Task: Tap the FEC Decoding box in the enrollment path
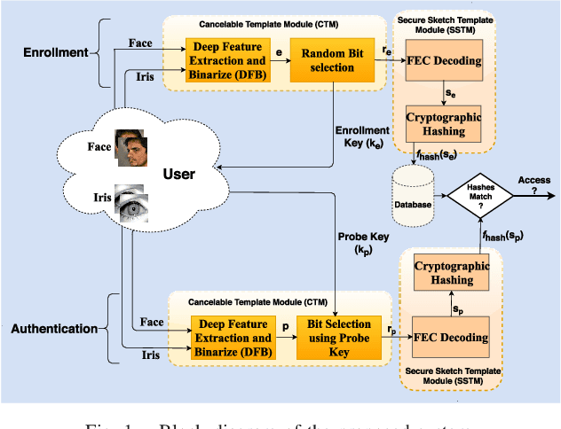click(443, 60)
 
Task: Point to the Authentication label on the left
click(54, 329)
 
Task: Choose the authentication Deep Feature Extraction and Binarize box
click(232, 338)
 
